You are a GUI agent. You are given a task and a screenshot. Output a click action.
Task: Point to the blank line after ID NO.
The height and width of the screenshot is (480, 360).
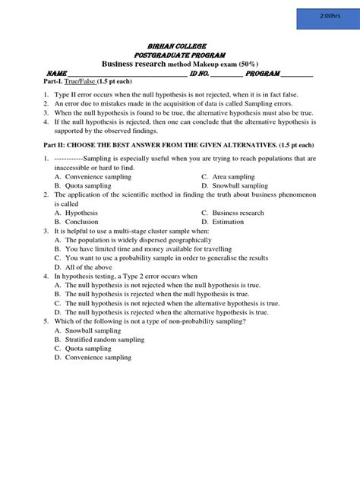pos(226,74)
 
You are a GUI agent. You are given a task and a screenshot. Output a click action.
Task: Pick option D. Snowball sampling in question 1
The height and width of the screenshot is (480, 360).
pos(235,185)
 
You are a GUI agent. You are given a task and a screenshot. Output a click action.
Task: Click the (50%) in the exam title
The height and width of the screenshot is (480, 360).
pos(248,65)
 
